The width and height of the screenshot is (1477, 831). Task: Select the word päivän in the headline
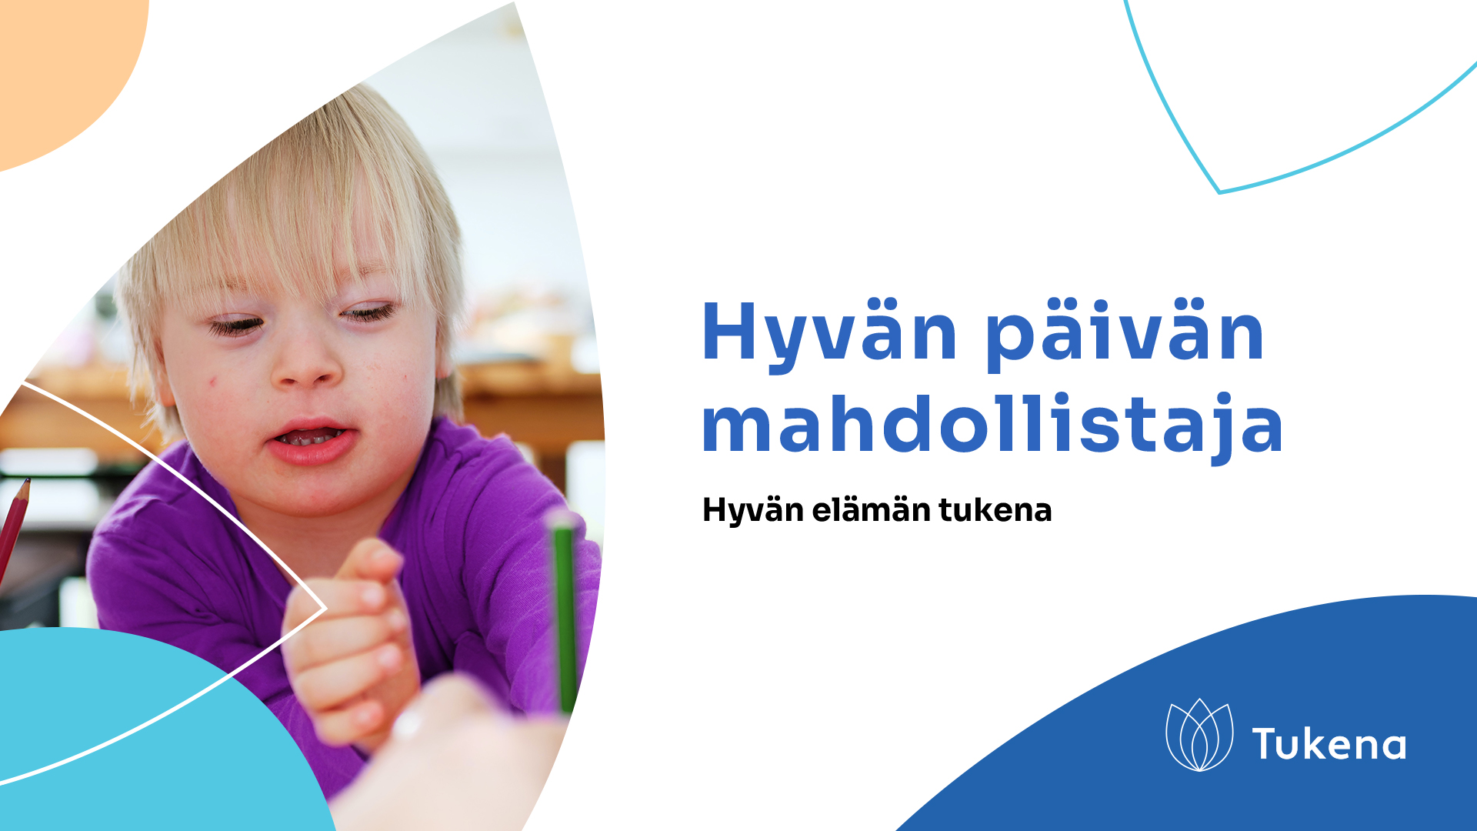point(1125,332)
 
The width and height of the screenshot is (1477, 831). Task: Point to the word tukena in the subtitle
point(995,509)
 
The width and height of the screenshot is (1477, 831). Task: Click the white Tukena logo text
point(1329,744)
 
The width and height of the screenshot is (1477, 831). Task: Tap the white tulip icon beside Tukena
point(1199,735)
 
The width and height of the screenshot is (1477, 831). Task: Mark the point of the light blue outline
point(1219,192)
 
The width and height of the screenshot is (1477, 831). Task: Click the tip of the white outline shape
point(326,608)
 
